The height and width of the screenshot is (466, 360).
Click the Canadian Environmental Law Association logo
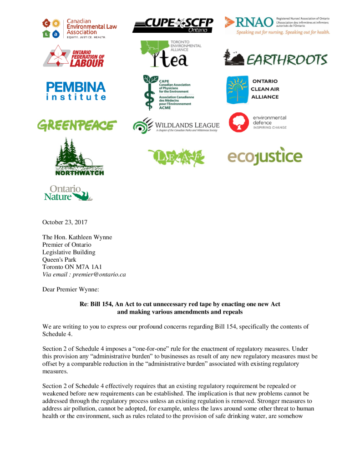point(80,28)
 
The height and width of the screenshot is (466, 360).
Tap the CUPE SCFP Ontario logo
point(172,25)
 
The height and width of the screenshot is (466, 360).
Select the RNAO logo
point(277,25)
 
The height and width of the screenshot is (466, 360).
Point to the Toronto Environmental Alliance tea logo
point(168,54)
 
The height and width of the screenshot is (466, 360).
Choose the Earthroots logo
point(275,59)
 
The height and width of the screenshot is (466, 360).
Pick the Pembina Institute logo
point(76,90)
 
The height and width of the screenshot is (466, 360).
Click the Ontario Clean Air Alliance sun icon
point(237,90)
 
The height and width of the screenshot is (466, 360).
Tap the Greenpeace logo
point(77,125)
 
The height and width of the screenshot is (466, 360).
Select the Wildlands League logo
point(176,125)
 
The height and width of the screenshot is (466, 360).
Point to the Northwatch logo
point(79,157)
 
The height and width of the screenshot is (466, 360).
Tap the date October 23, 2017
point(65,223)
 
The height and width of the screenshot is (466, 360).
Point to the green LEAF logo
point(176,157)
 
